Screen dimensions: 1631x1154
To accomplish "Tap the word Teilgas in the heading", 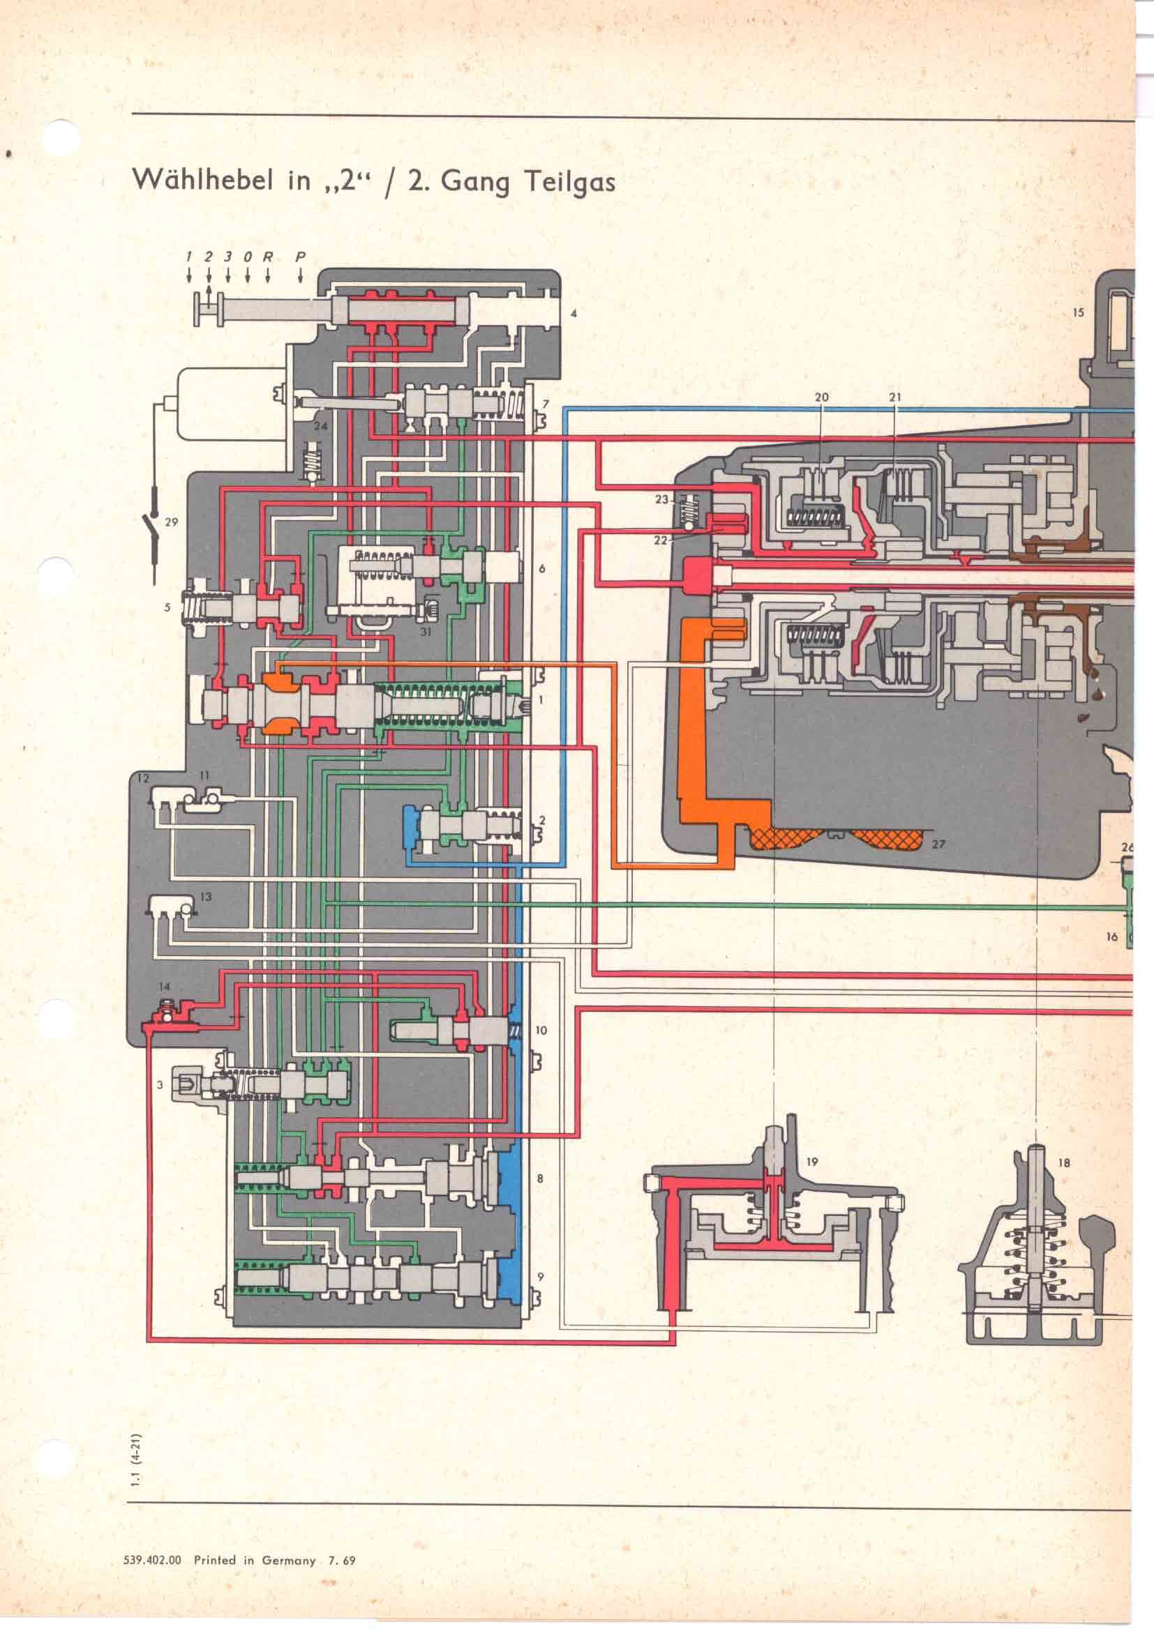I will [x=570, y=183].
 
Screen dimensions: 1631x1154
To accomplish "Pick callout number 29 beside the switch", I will [x=171, y=522].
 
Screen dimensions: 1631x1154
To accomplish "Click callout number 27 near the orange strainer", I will [x=938, y=844].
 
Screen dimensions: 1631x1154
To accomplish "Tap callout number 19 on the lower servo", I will [x=812, y=1162].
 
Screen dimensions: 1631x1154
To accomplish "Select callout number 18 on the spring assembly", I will [x=1064, y=1164].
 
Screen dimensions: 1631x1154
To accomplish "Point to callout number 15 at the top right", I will [x=1078, y=312].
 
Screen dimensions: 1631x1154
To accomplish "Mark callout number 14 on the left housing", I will [x=165, y=987].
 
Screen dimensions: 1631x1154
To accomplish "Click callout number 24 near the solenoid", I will [x=321, y=426].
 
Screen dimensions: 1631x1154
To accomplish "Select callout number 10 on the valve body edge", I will [x=541, y=1030].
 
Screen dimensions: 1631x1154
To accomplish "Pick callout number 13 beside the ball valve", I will [x=205, y=897].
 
